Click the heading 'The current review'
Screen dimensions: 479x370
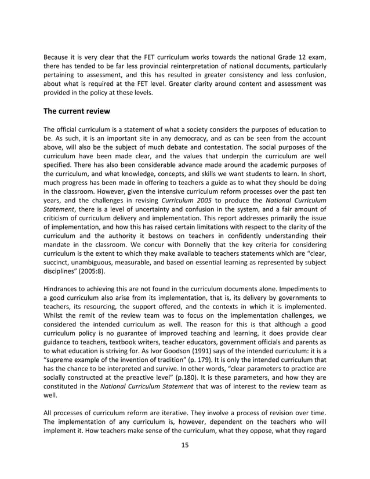[78, 111]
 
